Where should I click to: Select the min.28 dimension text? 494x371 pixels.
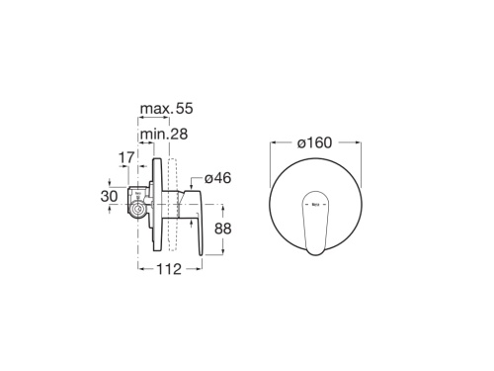point(164,134)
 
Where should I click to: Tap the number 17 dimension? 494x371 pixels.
point(126,156)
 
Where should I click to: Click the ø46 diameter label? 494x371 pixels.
point(218,179)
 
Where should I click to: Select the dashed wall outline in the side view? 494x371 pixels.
point(173,203)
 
